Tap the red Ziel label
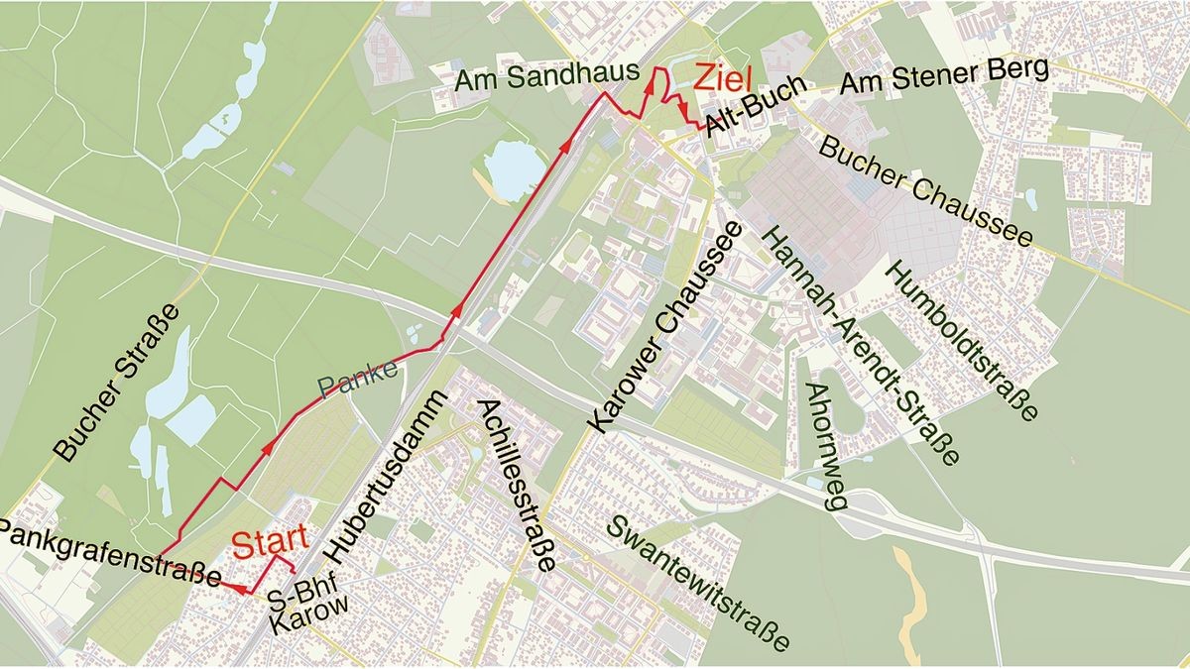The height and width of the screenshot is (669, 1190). tap(724, 78)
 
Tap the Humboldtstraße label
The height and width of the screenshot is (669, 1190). tap(962, 338)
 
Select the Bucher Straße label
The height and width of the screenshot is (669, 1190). tap(118, 382)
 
